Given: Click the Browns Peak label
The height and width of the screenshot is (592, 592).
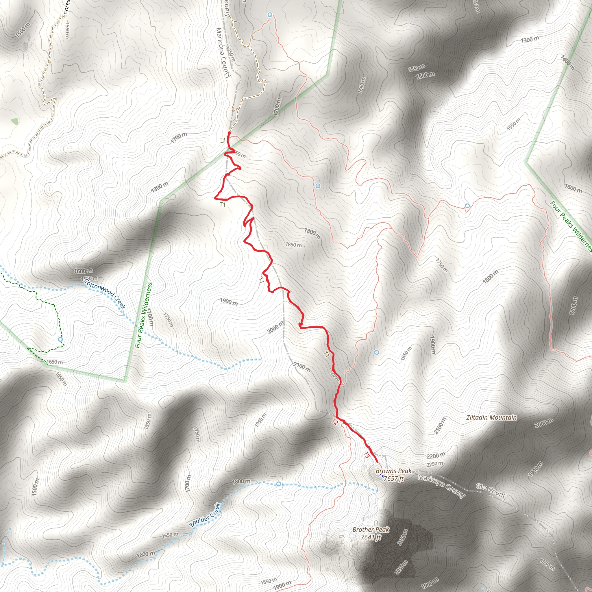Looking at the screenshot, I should click(393, 471).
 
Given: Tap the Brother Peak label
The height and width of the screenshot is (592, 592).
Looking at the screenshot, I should click(371, 530).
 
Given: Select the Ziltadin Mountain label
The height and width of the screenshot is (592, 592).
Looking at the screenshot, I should click(491, 417).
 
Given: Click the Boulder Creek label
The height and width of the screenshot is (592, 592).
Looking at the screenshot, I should click(205, 515).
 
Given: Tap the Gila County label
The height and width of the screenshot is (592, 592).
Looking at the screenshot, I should click(492, 491).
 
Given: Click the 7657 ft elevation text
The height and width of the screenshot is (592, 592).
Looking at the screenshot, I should click(394, 478).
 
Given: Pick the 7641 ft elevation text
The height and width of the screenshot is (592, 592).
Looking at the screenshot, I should click(371, 537).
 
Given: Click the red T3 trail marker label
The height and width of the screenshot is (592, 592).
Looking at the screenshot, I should click(367, 455).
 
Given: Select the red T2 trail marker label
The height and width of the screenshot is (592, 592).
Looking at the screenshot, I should click(335, 422).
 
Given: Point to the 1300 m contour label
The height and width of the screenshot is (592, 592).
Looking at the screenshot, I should click(530, 40).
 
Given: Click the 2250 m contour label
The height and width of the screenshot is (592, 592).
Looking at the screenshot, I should click(435, 464).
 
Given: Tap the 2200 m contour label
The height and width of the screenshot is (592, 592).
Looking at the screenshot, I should click(436, 456).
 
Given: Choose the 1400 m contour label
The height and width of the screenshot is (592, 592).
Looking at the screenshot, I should click(567, 62).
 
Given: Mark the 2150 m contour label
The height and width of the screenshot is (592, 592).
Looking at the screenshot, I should click(402, 537).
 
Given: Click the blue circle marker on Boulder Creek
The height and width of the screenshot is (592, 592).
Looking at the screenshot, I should click(278, 484).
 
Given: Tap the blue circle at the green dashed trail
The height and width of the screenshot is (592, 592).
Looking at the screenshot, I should click(60, 340).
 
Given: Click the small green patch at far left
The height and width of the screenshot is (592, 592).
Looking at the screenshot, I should click(15, 121).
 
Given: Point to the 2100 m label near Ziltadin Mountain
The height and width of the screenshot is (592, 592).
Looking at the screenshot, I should click(439, 425).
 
